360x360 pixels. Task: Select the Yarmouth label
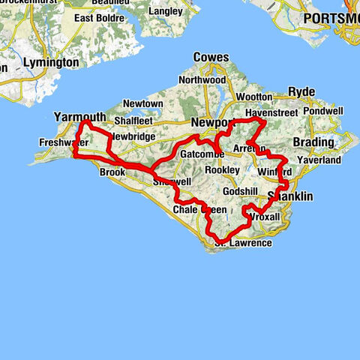[79, 116]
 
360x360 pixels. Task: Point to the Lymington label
[51, 63]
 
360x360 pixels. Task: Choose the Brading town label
[314, 142]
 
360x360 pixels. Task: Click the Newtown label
[142, 103]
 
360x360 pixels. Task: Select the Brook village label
[112, 172]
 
